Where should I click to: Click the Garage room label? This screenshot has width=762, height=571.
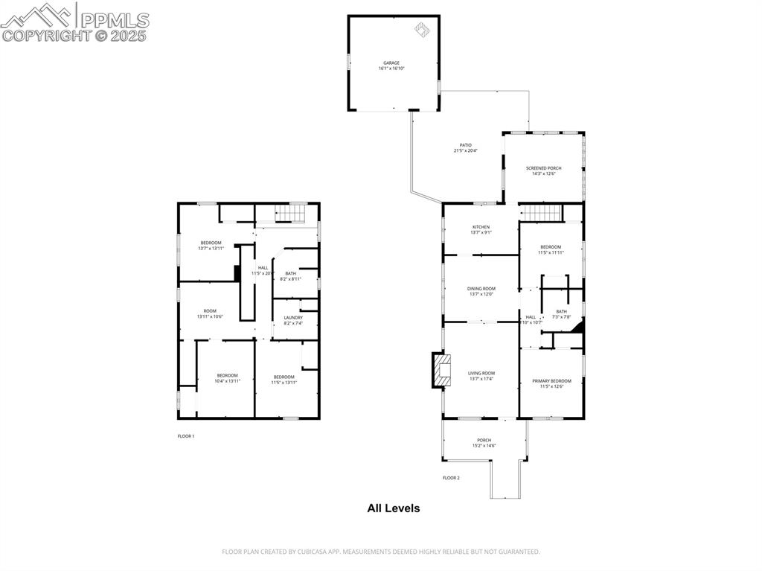point(391,66)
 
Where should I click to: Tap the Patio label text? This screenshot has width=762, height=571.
point(465,147)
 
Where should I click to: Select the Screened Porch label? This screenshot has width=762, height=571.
point(543,171)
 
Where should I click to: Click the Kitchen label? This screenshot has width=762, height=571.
point(481,229)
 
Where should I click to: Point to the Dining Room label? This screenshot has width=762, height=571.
point(481,291)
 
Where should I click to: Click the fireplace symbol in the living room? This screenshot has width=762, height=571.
point(442,370)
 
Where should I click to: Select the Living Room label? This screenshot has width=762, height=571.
point(481,376)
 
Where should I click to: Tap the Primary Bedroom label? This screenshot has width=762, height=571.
point(551,383)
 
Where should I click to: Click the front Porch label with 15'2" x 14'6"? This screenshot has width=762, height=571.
point(484,443)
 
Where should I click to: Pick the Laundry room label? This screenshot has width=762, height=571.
point(293,320)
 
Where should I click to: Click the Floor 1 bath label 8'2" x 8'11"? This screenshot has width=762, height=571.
point(290,275)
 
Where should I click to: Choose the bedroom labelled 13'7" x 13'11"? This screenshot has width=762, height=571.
point(211,246)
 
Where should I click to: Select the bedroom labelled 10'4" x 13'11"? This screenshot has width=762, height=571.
point(227,378)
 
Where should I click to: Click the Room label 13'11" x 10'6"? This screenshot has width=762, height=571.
point(210,314)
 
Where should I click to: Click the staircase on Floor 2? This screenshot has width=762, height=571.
point(540,214)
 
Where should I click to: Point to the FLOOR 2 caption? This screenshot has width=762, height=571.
point(451,478)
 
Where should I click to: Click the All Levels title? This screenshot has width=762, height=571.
point(393,508)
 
